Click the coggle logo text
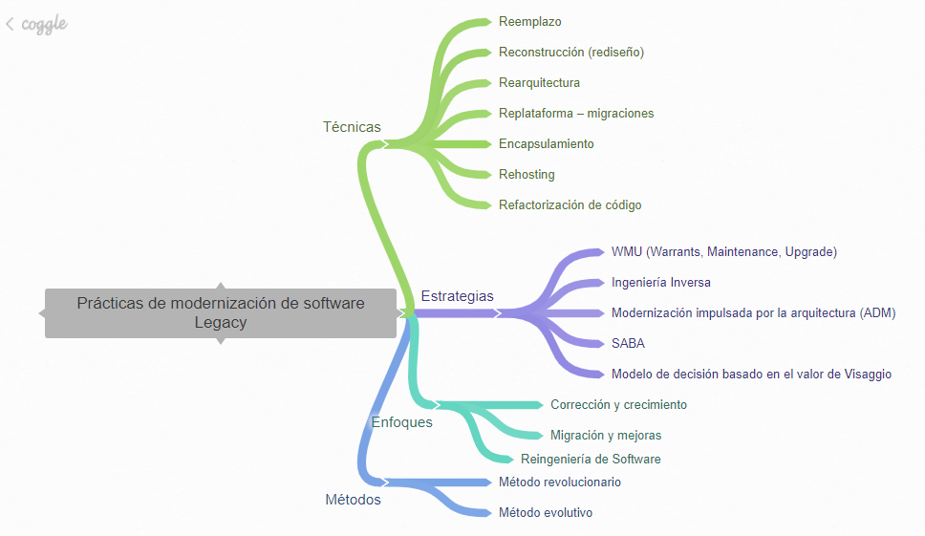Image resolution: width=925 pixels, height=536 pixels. (x=45, y=25)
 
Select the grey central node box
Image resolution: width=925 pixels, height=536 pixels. (x=221, y=312)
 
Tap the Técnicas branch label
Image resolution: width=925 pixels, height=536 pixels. (x=352, y=127)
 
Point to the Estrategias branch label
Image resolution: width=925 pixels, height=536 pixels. (x=458, y=296)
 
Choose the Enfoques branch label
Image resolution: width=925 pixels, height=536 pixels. (x=401, y=422)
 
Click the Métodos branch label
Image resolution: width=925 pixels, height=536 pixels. (x=353, y=500)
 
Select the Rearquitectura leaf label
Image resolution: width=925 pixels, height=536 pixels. (x=539, y=83)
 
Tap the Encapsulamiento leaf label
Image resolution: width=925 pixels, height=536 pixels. (x=547, y=144)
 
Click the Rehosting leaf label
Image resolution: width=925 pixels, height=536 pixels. (x=527, y=175)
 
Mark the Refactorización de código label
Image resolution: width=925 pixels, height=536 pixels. (x=570, y=205)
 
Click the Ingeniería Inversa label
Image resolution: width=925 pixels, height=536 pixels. (x=661, y=283)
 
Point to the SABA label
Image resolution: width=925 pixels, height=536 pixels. (x=628, y=344)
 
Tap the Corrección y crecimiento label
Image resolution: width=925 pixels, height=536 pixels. (x=618, y=405)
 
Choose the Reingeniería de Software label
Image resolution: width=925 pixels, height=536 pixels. (x=591, y=460)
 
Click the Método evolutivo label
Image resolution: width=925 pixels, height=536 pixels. (x=546, y=513)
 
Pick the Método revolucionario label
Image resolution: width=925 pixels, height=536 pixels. (x=560, y=482)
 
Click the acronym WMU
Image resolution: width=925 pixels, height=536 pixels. (x=627, y=252)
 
